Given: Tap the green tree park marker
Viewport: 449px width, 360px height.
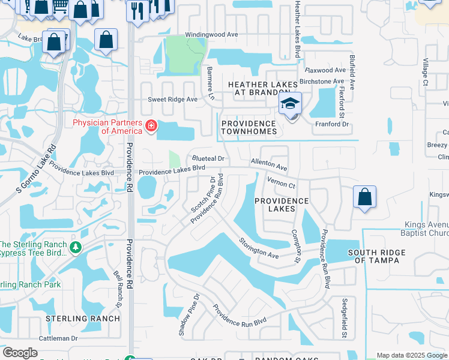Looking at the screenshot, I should [76, 247].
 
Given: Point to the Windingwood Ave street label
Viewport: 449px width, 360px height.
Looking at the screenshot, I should [211, 35].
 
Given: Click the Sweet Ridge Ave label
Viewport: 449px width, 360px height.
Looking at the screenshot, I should [173, 100].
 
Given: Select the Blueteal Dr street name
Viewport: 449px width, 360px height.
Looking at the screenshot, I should [208, 158].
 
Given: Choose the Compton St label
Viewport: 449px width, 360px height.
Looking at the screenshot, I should [295, 247].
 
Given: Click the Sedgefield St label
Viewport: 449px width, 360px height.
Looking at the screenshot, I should [345, 318].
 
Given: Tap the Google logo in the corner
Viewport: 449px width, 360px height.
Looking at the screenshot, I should [20, 353].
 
